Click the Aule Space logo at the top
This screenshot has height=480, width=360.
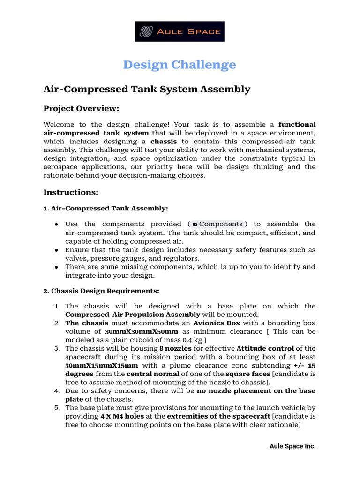180,31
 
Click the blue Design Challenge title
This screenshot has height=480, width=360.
180,65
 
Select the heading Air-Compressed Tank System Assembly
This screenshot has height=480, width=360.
147,89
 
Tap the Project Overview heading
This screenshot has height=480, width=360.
81,109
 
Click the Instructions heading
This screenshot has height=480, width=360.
71,192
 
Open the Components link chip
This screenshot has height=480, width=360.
218,224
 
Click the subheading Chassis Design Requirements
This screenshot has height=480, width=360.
101,291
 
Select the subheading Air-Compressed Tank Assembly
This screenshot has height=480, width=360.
105,208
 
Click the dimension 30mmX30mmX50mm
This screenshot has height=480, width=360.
141,331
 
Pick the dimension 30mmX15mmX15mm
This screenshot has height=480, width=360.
102,365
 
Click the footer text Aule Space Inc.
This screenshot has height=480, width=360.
292,446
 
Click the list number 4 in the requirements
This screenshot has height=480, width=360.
56,390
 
